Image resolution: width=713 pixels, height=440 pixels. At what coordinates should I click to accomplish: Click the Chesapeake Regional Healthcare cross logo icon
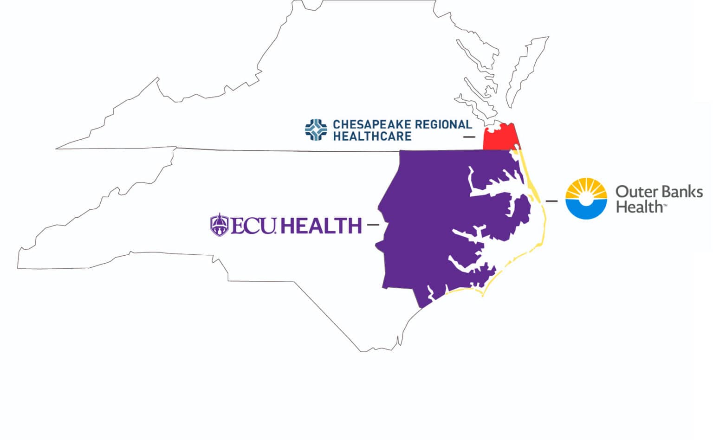316,129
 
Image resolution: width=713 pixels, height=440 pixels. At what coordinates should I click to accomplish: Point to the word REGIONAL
443,124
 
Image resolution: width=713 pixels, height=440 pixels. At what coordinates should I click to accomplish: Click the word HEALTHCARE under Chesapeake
372,136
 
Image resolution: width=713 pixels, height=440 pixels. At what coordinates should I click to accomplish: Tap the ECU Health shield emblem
219,225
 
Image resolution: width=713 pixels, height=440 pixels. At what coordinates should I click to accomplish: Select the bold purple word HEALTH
321,226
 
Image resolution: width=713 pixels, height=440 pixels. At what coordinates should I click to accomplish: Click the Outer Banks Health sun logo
586,198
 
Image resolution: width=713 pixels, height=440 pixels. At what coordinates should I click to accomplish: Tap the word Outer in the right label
634,192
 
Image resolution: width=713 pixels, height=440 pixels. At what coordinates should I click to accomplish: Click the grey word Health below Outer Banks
639,207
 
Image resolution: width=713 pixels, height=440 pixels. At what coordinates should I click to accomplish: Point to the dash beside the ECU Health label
373,225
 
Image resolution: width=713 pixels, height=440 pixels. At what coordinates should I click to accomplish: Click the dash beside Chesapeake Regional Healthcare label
469,137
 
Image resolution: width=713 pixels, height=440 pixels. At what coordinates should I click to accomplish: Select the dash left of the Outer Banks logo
551,201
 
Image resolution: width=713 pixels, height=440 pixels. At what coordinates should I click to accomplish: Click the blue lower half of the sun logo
586,210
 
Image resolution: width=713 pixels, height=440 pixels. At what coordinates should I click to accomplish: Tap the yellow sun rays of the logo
586,187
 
